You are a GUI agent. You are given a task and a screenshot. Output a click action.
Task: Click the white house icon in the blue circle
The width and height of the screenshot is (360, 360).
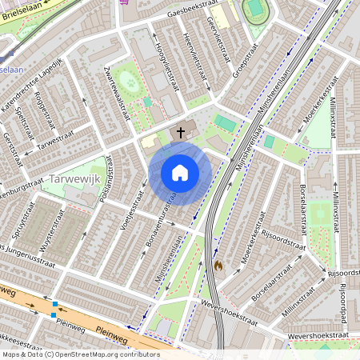180,173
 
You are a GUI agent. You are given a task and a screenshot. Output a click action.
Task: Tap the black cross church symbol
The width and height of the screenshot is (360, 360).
181,132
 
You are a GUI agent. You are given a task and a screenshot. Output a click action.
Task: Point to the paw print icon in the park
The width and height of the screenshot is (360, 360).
147,102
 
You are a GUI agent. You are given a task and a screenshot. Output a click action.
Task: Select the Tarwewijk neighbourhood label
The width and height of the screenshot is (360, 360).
74,178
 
